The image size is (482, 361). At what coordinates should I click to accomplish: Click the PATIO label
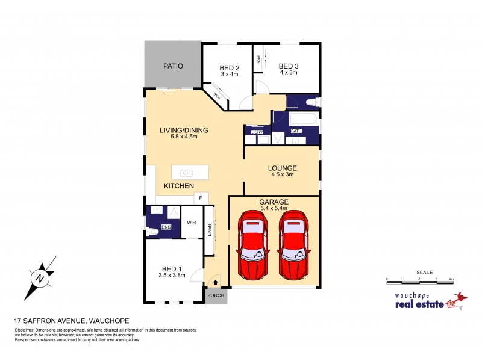[173, 66]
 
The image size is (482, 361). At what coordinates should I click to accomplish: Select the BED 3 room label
[288, 66]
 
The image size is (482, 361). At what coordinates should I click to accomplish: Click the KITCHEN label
[178, 186]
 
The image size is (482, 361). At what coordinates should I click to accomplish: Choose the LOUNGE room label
[283, 169]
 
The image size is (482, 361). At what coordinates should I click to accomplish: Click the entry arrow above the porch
[215, 282]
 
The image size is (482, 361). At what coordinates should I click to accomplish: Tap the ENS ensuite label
[166, 227]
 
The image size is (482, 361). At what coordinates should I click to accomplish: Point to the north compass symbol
[40, 277]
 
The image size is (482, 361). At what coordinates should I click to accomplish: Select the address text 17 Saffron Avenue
[71, 321]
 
